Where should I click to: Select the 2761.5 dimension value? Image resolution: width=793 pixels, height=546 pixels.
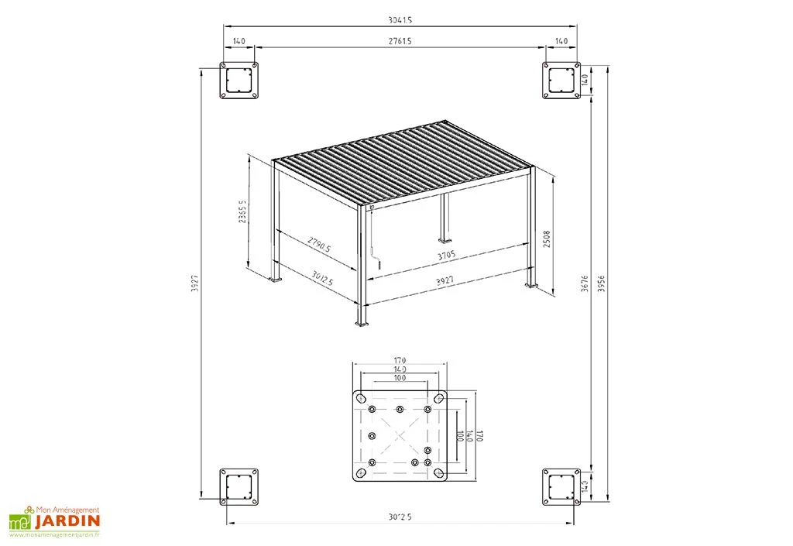coord(400,41)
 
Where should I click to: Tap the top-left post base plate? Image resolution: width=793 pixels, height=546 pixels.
coord(239,80)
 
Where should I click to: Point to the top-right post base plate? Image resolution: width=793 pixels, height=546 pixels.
coord(561,80)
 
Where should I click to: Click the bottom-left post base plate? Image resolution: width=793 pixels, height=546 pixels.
coord(239,487)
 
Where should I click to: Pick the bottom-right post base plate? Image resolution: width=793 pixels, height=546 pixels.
coord(561,487)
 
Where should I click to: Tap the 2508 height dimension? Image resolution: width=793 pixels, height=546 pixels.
coord(547,236)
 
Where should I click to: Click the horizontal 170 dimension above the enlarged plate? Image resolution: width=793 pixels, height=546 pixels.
coord(400,360)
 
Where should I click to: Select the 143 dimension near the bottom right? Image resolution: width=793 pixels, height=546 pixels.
coord(585,486)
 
